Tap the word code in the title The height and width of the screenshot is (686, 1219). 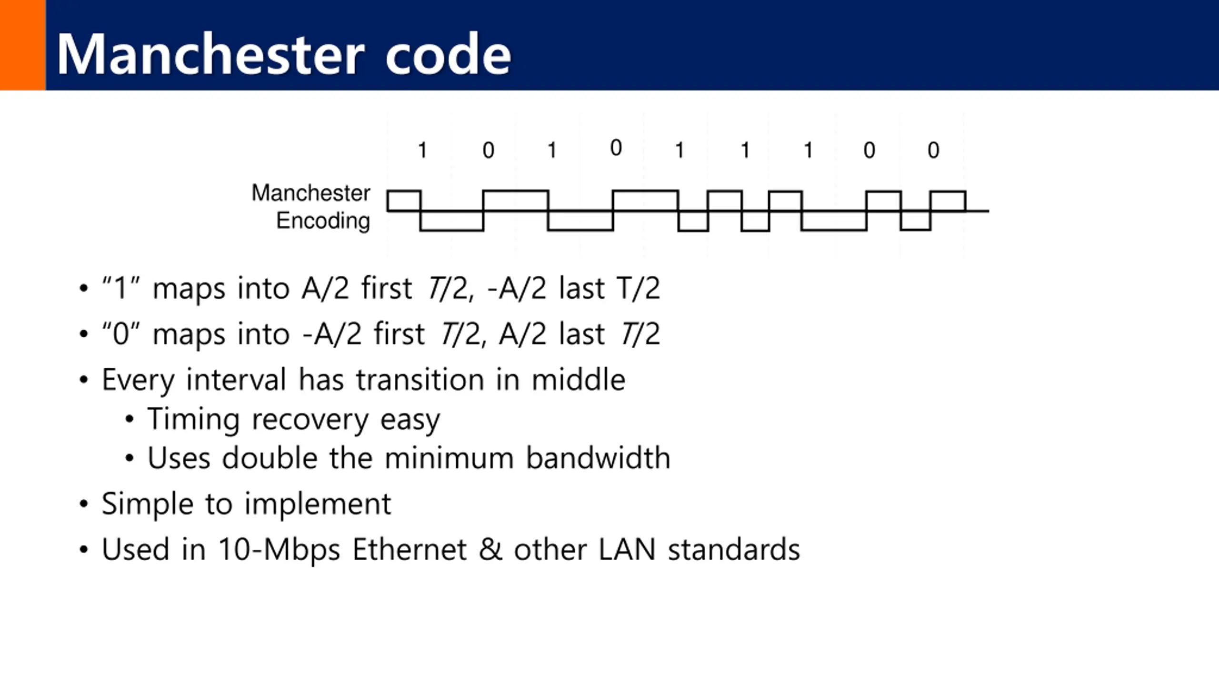[448, 55]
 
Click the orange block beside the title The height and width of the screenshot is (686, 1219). [22, 45]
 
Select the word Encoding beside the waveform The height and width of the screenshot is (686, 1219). [323, 221]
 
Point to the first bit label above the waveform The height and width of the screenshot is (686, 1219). [422, 151]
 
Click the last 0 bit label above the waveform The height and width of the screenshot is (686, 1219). [933, 151]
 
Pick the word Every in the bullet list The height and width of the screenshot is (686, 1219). [138, 380]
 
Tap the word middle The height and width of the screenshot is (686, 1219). [578, 380]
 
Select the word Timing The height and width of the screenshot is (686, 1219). [193, 419]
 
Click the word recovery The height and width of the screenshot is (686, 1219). [310, 420]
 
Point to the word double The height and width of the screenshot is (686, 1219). [270, 458]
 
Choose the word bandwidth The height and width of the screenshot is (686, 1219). [598, 458]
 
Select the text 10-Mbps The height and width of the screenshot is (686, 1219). [279, 550]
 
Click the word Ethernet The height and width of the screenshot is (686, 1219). [410, 550]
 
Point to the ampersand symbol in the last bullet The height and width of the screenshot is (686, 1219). [490, 550]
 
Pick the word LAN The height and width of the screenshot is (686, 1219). [627, 550]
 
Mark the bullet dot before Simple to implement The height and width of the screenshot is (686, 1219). [84, 504]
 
